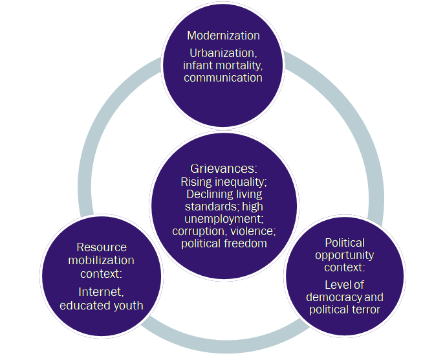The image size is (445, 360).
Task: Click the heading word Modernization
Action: pyautogui.click(x=223, y=36)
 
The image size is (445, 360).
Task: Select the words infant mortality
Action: pyautogui.click(x=223, y=65)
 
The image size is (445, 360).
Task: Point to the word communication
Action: pyautogui.click(x=223, y=78)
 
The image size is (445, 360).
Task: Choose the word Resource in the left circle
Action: pyautogui.click(x=102, y=247)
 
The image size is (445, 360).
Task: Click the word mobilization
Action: pyautogui.click(x=102, y=260)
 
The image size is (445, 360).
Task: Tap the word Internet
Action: pyautogui.click(x=101, y=293)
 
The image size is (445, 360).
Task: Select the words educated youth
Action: pyautogui.click(x=102, y=305)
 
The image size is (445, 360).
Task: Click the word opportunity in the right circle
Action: pyautogui.click(x=344, y=254)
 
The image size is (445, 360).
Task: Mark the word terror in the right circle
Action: pyautogui.click(x=365, y=309)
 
